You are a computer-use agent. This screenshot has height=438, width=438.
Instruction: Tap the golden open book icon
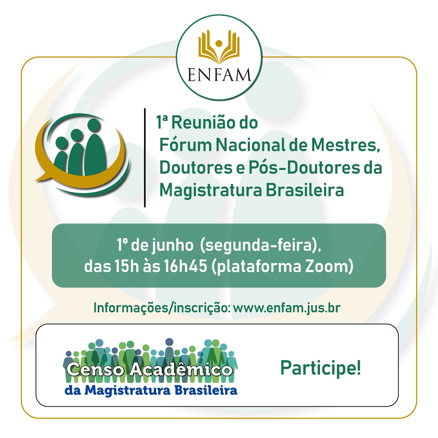tap(219, 47)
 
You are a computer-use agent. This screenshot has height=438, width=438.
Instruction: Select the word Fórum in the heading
tap(185, 145)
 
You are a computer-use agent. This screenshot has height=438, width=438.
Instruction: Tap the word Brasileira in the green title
tap(305, 190)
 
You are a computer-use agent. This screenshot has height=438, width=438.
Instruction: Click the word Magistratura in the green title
tap(210, 191)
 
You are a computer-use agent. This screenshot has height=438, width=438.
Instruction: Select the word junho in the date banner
tap(172, 245)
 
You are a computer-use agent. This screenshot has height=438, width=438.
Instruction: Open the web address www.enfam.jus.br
tap(287, 307)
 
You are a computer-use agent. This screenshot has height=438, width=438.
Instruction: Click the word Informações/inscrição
tap(162, 308)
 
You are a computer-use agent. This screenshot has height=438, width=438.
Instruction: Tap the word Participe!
tap(321, 368)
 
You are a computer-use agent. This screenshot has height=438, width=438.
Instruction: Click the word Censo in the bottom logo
tap(95, 369)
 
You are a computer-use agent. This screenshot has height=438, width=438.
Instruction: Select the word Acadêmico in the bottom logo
tap(181, 369)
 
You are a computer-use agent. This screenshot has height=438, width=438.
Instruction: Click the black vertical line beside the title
tap(145, 157)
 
